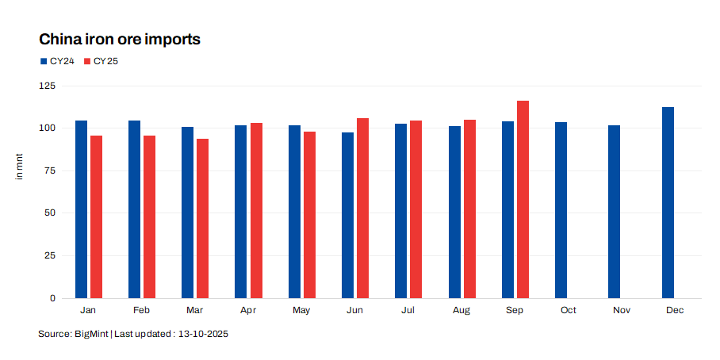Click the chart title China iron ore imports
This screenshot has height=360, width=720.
point(119,39)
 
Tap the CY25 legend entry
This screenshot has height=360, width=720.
point(101,61)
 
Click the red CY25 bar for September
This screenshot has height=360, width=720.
point(523,199)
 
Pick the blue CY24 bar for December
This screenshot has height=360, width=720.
point(668,202)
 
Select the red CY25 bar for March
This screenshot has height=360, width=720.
point(203,218)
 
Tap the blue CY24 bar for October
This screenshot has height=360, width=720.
point(561,210)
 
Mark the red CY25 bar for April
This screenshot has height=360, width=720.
point(256,210)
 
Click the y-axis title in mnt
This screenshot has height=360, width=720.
point(20,169)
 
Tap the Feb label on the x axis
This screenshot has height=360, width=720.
point(142,310)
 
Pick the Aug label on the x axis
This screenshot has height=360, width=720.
point(461,310)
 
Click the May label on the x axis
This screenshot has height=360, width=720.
point(301,310)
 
